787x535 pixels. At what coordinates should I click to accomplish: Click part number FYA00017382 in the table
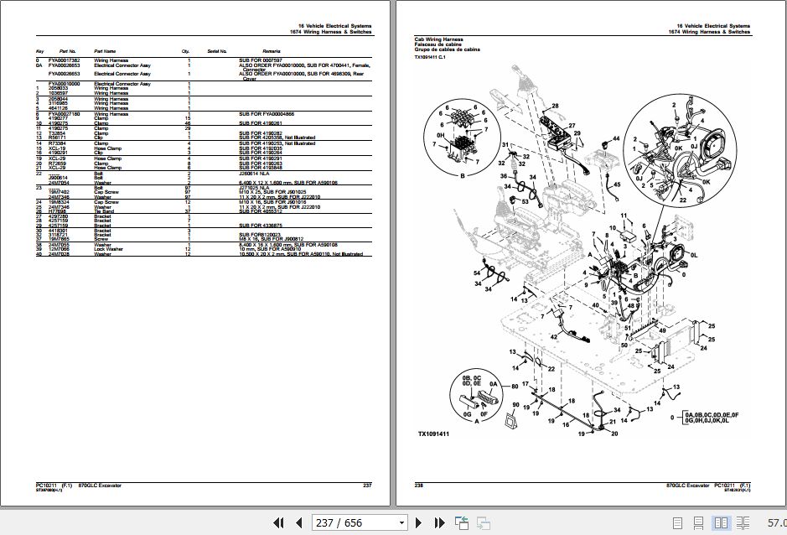tap(65, 60)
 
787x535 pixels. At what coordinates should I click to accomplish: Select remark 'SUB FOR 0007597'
tap(258, 60)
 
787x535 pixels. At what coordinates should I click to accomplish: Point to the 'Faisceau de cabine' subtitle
tap(438, 45)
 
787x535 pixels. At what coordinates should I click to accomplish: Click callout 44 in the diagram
tap(615, 138)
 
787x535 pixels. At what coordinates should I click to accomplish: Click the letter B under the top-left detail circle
tap(461, 177)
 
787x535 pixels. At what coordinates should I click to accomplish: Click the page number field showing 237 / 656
tap(339, 522)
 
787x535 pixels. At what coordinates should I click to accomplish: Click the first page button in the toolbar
tap(277, 522)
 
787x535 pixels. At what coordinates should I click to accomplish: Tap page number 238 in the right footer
tap(419, 486)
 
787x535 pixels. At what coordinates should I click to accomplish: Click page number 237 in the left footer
tap(366, 486)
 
